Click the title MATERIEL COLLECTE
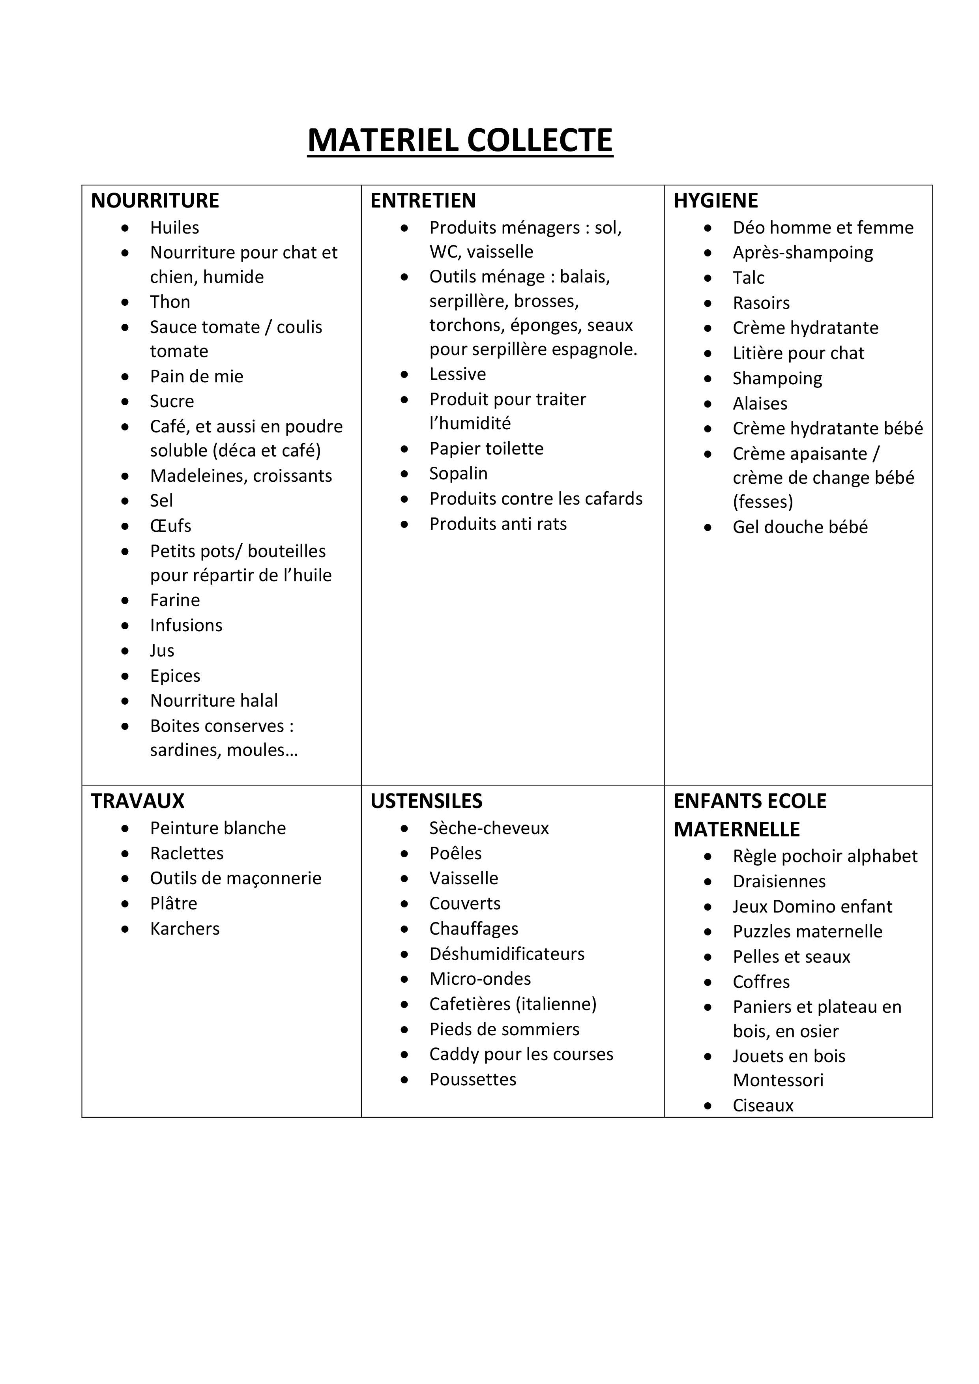[460, 140]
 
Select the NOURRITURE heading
[155, 201]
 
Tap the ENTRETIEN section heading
[423, 201]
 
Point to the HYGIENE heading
[715, 201]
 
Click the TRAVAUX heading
[137, 801]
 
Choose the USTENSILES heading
[426, 801]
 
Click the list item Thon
[170, 302]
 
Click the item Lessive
[458, 374]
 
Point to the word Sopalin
[458, 474]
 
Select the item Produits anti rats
[498, 524]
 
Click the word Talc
[748, 278]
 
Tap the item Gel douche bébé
[800, 527]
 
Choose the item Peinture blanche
[218, 828]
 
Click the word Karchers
[184, 929]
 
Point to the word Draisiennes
[779, 882]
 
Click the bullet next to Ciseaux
[708, 1106]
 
